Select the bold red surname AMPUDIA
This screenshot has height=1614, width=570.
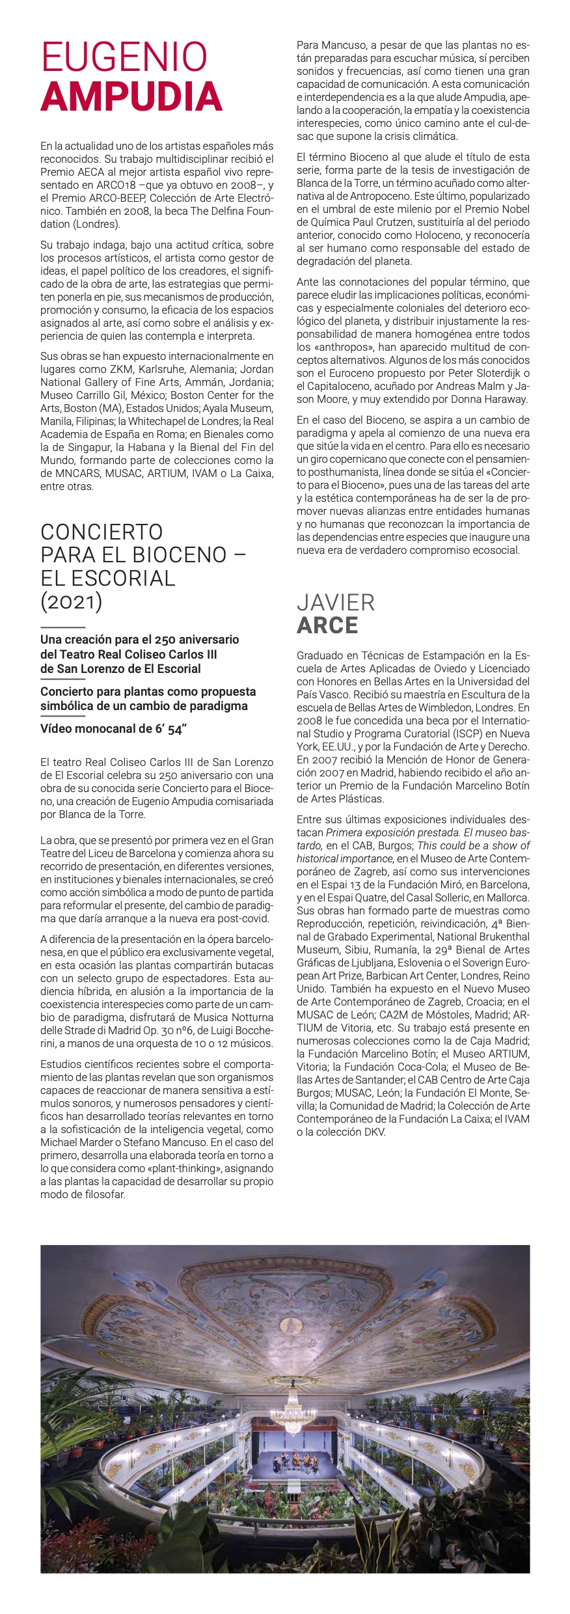point(131,96)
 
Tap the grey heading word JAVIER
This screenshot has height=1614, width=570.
point(336,602)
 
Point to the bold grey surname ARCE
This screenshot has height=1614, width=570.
point(327,625)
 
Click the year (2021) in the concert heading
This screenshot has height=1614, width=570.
point(72,601)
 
